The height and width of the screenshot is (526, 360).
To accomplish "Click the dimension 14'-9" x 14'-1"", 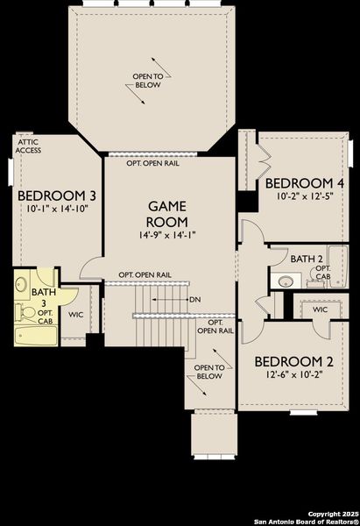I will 166,235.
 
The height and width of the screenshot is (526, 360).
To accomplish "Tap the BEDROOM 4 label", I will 305,182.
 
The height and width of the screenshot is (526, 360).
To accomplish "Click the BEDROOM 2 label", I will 293,360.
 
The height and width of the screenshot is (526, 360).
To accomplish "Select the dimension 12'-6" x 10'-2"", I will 293,374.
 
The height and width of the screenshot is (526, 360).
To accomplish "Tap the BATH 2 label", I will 307,259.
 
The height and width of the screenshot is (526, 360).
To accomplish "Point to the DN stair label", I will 194,300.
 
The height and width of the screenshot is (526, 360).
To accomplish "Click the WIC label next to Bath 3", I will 76,314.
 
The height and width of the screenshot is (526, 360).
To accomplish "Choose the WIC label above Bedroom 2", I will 320,309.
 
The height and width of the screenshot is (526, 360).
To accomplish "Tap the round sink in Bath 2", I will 285,281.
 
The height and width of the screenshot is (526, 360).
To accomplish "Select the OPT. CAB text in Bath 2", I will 323,272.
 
